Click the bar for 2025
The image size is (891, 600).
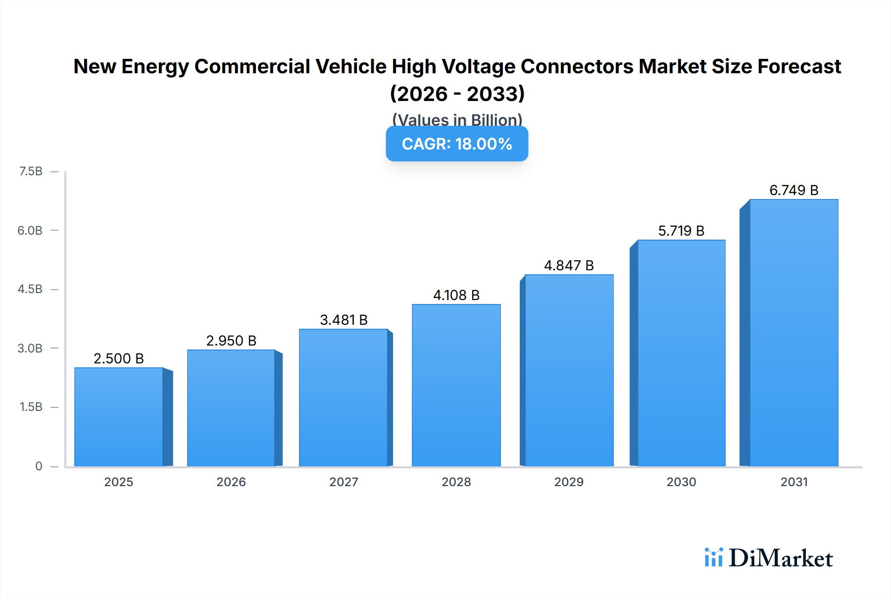119,417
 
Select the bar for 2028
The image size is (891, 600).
456,385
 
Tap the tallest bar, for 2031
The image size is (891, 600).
793,333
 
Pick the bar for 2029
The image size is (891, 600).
569,370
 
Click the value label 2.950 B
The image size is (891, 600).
231,341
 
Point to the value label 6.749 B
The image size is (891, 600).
793,190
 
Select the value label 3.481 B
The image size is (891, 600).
344,320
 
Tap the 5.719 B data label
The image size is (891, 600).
681,231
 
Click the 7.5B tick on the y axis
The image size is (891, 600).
31,171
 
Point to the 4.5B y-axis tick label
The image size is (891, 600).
30,289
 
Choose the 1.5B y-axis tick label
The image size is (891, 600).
31,407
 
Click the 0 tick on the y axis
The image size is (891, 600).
39,466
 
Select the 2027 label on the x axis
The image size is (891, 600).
344,482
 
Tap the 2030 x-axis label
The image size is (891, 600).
681,482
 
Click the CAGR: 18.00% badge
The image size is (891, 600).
457,144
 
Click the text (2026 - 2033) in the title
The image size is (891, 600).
457,94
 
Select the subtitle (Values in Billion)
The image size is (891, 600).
457,119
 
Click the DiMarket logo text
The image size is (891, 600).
781,558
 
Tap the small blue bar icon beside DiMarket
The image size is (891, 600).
713,557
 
